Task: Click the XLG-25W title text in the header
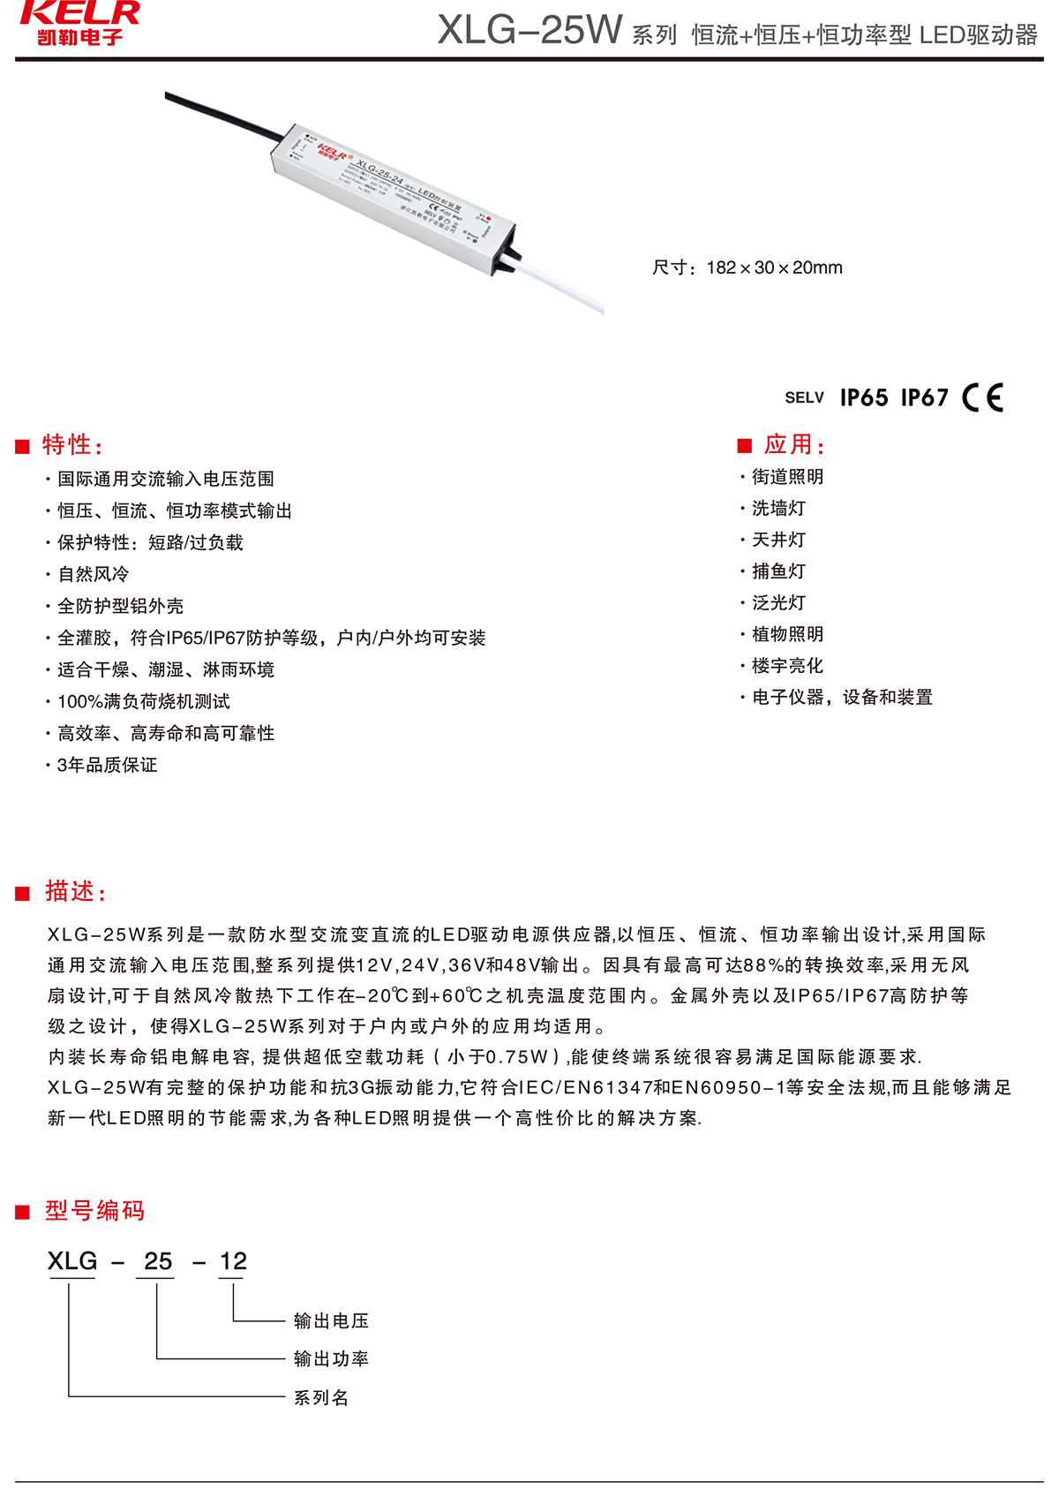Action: click(529, 30)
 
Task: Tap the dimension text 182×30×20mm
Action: click(747, 268)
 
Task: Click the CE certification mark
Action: click(983, 397)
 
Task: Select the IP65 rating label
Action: click(864, 398)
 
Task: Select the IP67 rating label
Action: click(924, 398)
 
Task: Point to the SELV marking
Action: click(804, 398)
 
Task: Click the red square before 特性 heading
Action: click(23, 447)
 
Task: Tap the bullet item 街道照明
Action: click(787, 477)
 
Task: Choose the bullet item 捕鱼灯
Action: click(778, 571)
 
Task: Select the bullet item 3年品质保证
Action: click(107, 765)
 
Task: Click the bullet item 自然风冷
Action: click(94, 574)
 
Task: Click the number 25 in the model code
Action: click(158, 1261)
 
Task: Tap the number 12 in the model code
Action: click(233, 1261)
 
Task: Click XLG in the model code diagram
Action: click(72, 1261)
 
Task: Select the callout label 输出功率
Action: click(331, 1358)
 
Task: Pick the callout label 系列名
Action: click(321, 1397)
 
